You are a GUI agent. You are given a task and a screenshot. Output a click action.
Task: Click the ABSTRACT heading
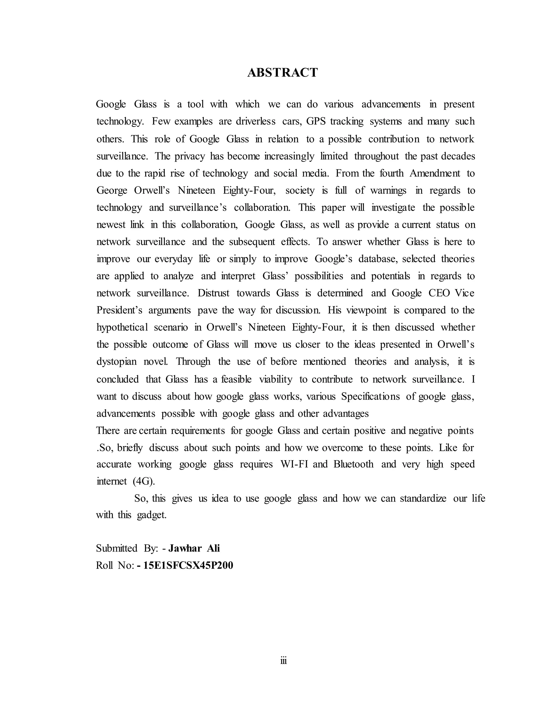pyautogui.click(x=282, y=72)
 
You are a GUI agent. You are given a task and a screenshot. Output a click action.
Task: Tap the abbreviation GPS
pyautogui.click(x=316, y=121)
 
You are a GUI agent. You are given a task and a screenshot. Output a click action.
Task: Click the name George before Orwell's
pyautogui.click(x=112, y=190)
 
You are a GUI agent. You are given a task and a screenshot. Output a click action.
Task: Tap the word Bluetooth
pyautogui.click(x=353, y=464)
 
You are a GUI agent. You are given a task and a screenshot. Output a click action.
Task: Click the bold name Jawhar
pyautogui.click(x=185, y=548)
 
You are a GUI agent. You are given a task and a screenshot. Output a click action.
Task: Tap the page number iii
pyautogui.click(x=283, y=660)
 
